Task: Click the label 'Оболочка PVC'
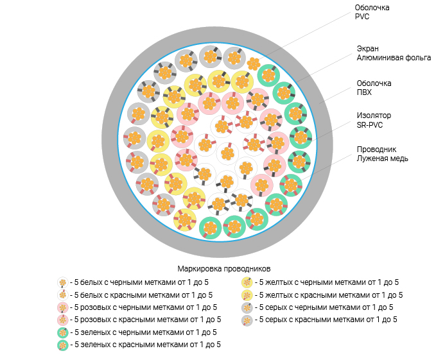(x=372, y=12)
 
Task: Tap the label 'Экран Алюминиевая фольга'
(x=394, y=53)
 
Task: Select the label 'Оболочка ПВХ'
(x=374, y=87)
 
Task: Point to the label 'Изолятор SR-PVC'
(x=374, y=120)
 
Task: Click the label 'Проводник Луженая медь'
(x=383, y=153)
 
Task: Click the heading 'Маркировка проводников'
(x=223, y=268)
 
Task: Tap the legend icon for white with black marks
(x=62, y=282)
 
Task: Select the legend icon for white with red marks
(x=62, y=295)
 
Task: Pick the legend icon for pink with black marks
(x=62, y=307)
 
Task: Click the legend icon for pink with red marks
(x=62, y=320)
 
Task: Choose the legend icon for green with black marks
(x=62, y=332)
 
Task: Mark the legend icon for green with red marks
(x=62, y=345)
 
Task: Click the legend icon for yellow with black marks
(x=246, y=282)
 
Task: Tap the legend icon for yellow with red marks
(x=246, y=295)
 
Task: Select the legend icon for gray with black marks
(x=246, y=307)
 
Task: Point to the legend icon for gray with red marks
(x=246, y=320)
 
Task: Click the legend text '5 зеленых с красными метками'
(x=148, y=345)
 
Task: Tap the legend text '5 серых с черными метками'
(x=326, y=307)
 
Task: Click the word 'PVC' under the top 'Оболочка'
(x=363, y=17)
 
